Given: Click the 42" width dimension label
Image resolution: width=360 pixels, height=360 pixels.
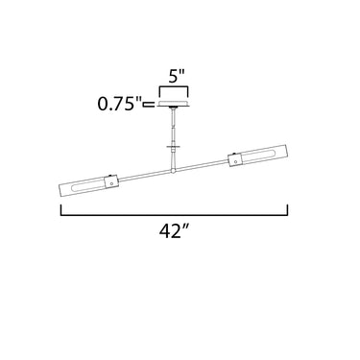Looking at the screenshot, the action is (x=173, y=231).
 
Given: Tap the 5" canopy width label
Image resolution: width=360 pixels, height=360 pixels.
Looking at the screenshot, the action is (x=177, y=77).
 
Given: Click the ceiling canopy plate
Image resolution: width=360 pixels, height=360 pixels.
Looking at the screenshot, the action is (x=173, y=103).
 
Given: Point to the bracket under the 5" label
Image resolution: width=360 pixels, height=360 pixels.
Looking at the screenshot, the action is (x=174, y=87).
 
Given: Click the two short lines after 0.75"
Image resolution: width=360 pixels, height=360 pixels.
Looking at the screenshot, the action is (x=149, y=104).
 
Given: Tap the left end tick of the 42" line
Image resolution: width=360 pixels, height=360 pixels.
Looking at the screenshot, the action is (x=60, y=210).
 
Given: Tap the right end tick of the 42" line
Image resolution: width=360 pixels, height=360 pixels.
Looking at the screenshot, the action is (x=288, y=210).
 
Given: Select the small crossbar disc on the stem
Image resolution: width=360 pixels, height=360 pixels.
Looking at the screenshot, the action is (x=173, y=147).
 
